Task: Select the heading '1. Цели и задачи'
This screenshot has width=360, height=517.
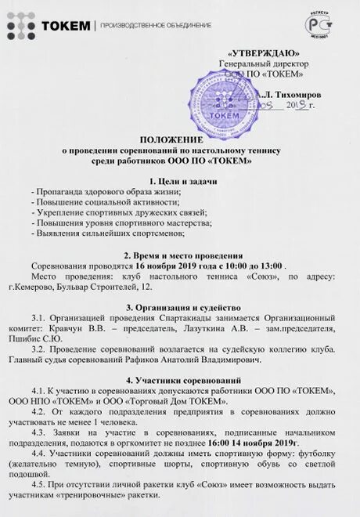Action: click(179, 181)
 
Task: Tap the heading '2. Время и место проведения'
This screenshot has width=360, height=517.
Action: click(179, 255)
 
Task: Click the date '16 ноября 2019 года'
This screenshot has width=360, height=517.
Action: click(173, 266)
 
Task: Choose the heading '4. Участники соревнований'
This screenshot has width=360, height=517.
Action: click(179, 378)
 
